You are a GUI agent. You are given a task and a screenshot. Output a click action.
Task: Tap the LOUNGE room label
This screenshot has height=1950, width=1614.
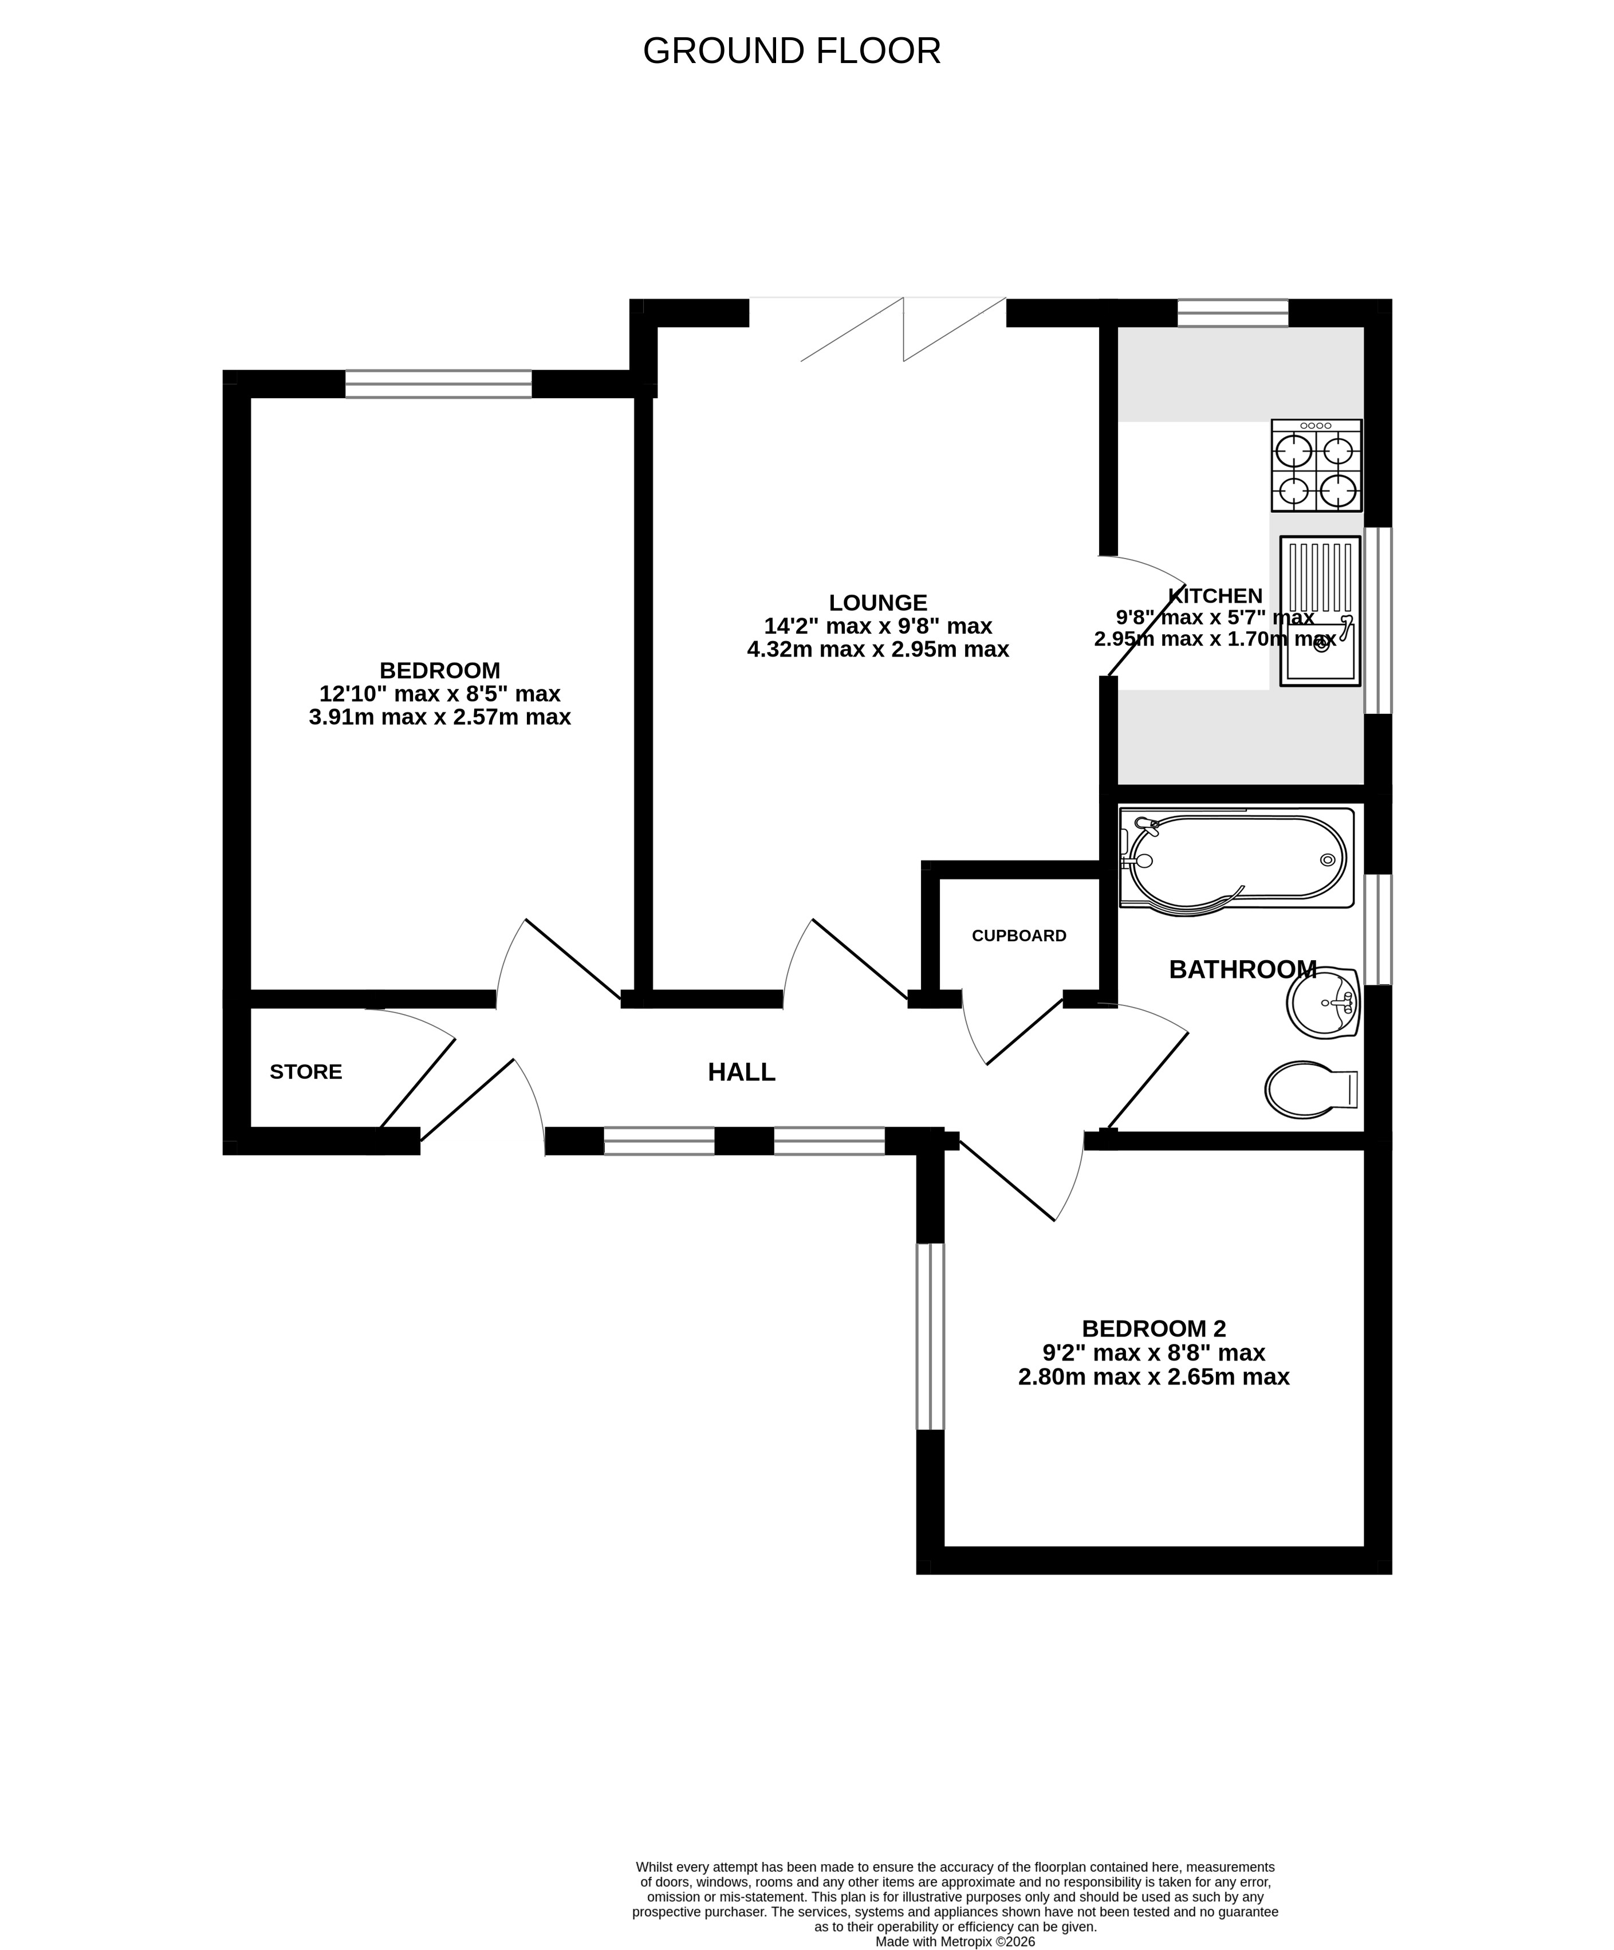click(877, 603)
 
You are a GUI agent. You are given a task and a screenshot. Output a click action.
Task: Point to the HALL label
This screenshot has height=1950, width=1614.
click(741, 1072)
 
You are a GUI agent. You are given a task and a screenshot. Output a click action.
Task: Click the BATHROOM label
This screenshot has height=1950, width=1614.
click(1242, 969)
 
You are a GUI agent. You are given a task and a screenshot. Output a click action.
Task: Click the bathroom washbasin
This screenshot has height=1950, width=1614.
click(1324, 1003)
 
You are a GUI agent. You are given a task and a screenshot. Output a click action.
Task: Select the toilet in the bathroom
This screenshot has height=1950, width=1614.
click(1311, 1089)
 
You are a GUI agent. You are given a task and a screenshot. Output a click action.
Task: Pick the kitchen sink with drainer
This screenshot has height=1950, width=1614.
click(1320, 611)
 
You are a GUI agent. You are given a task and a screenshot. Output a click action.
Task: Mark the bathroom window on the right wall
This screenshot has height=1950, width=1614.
click(1377, 929)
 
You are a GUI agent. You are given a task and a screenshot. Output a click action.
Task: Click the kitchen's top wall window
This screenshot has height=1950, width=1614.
click(1233, 313)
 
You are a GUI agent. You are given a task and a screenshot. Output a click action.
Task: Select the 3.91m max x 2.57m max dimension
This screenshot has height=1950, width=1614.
click(439, 717)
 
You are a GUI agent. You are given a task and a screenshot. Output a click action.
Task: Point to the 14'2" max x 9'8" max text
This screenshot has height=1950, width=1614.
click(877, 626)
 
